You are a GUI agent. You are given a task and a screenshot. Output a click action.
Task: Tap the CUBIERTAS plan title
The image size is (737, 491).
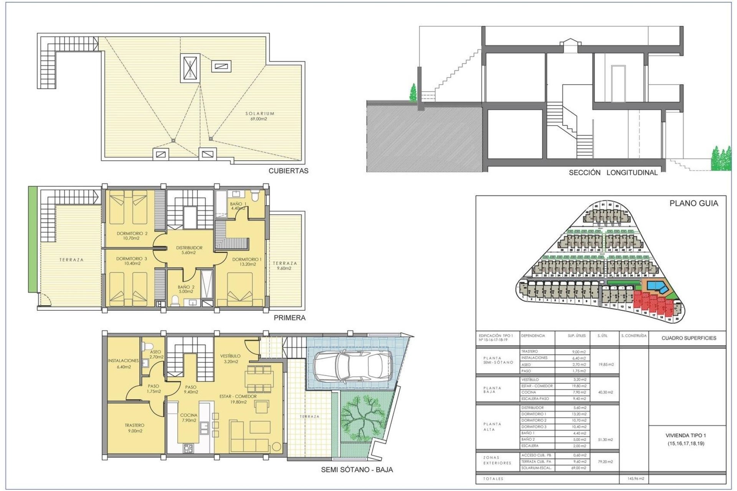288,171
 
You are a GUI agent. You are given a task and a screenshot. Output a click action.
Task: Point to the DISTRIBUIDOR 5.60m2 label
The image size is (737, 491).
189,250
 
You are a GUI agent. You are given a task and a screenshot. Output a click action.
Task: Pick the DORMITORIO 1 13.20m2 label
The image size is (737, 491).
246,262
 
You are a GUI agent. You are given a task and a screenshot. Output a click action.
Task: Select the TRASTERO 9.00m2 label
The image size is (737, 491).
134,428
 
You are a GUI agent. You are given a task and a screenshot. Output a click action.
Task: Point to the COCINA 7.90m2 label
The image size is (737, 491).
188,417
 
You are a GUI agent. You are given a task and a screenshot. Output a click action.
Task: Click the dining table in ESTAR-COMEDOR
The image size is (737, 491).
259,376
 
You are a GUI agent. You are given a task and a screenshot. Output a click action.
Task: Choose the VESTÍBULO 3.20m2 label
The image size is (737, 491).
231,359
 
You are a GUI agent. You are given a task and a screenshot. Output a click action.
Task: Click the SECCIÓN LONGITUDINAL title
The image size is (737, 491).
613,173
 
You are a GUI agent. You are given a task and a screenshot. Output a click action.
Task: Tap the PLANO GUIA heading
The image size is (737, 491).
693,204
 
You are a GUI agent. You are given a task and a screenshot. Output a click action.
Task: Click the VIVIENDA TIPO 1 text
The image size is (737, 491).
686,435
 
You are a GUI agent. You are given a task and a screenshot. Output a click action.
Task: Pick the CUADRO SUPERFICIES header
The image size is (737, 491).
689,338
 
